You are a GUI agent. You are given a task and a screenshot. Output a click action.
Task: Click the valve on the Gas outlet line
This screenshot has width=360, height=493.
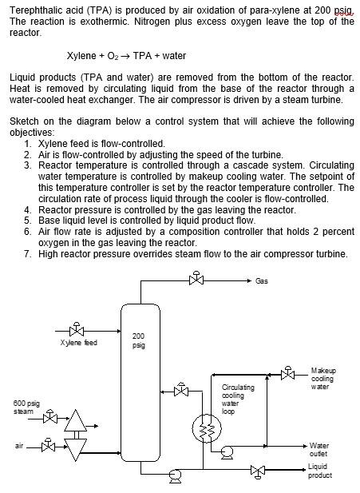pyautogui.click(x=196, y=280)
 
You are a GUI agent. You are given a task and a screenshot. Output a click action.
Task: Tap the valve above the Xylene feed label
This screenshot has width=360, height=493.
pyautogui.click(x=77, y=331)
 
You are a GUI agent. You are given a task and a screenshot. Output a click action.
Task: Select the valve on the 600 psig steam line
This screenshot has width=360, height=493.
pyautogui.click(x=50, y=417)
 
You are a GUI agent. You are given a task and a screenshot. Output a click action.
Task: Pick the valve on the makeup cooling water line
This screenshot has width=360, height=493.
pyautogui.click(x=287, y=374)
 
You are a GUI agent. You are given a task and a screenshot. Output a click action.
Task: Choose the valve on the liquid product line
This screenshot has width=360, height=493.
pyautogui.click(x=257, y=471)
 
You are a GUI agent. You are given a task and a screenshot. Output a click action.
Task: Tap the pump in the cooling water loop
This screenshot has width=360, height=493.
pyautogui.click(x=227, y=452)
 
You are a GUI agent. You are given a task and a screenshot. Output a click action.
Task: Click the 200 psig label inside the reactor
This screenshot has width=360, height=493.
pyautogui.click(x=138, y=340)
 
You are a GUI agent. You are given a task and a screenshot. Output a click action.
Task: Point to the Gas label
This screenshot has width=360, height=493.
pyautogui.click(x=262, y=280)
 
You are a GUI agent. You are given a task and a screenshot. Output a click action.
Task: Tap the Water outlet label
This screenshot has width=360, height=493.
pyautogui.click(x=318, y=449)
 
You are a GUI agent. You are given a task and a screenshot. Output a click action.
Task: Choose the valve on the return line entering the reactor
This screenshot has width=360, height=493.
pyautogui.click(x=181, y=391)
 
